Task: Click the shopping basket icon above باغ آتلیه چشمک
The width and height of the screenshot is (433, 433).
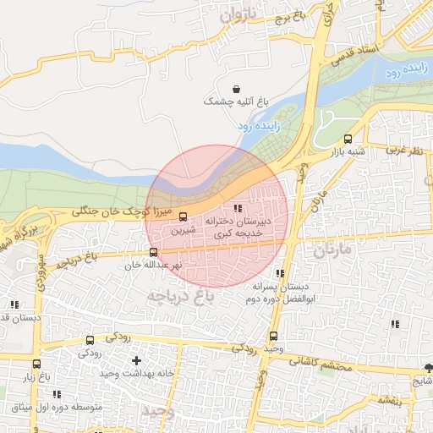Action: (235, 88)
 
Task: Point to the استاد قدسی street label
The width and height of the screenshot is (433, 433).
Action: (349, 57)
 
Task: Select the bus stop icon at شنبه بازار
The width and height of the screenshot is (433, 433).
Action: (348, 140)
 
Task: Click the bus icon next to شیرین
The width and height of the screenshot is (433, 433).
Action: (184, 215)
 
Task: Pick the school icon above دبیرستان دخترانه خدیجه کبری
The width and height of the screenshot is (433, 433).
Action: (238, 207)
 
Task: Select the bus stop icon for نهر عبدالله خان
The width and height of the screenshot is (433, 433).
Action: (153, 252)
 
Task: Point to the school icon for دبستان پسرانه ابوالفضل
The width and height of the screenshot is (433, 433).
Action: (279, 274)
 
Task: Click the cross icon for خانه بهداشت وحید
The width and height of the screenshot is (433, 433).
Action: (136, 361)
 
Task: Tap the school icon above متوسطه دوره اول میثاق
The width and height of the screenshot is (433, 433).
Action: (57, 395)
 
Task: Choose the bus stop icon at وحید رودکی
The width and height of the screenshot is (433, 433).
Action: (272, 336)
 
